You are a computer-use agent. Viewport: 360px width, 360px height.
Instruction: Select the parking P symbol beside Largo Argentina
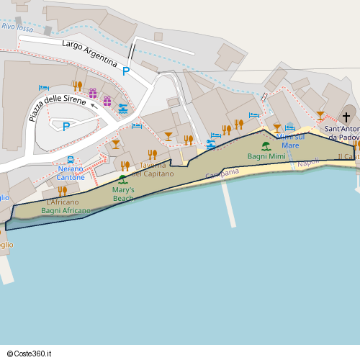(x=126, y=71)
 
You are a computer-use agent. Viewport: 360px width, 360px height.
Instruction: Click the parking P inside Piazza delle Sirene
(x=66, y=126)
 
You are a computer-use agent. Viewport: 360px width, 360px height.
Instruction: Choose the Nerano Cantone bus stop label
(x=71, y=173)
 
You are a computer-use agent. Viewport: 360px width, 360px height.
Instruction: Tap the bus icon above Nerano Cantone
(x=71, y=159)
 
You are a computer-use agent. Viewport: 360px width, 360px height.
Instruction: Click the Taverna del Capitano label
(x=152, y=169)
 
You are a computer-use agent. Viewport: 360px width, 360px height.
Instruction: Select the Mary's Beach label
(x=123, y=194)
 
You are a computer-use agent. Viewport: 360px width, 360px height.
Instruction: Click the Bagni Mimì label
(x=266, y=156)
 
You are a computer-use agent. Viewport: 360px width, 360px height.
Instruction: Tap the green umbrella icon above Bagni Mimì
(x=266, y=145)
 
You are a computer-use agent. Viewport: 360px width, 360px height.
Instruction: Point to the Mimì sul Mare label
(x=290, y=140)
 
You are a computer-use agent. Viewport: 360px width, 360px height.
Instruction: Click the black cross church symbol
(x=346, y=117)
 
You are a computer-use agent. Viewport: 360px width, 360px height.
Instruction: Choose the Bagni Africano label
(x=66, y=211)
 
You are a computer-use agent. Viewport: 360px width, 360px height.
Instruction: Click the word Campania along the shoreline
(x=222, y=174)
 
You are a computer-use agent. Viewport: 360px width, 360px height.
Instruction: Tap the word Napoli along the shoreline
(x=308, y=163)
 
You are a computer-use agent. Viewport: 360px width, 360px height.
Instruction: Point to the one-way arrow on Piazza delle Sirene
(x=94, y=105)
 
